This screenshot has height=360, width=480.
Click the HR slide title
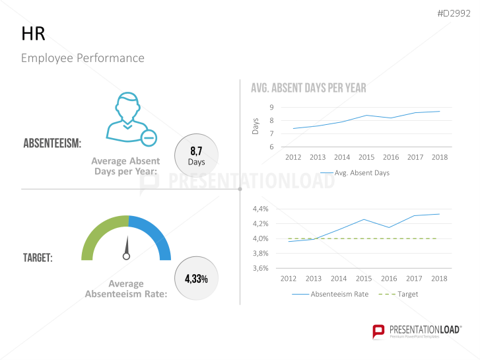(33, 35)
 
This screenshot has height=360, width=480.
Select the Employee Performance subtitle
(83, 58)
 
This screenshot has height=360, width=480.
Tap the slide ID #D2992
(455, 13)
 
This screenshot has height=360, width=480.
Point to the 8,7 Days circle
(196, 157)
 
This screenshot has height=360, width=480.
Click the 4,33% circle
(196, 279)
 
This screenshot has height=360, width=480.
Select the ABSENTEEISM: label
(52, 143)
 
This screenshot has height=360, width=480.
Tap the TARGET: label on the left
(38, 258)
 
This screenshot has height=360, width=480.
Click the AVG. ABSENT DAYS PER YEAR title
(308, 88)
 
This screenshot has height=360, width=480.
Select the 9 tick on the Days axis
(271, 107)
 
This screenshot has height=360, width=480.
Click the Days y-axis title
(256, 126)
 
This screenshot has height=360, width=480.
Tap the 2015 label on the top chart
(366, 157)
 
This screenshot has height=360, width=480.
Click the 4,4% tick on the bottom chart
(260, 209)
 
